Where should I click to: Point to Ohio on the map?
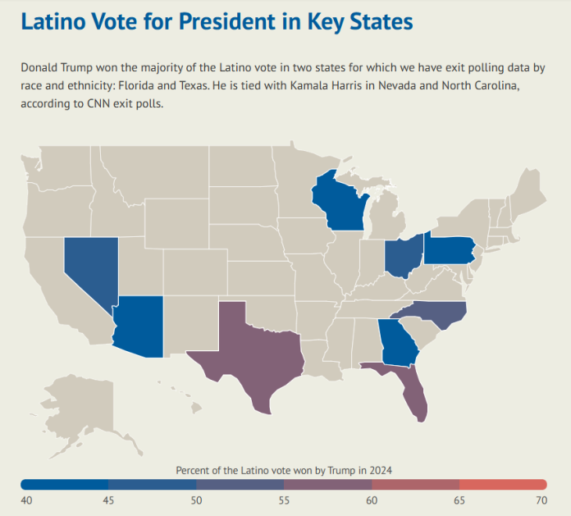click(x=404, y=256)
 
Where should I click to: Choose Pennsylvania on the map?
click(x=449, y=249)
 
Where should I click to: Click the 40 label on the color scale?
click(x=27, y=500)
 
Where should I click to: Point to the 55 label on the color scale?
click(x=284, y=500)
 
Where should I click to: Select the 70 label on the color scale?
click(x=541, y=500)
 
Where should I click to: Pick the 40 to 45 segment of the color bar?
click(x=65, y=484)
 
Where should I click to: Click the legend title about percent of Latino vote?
click(x=284, y=469)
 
